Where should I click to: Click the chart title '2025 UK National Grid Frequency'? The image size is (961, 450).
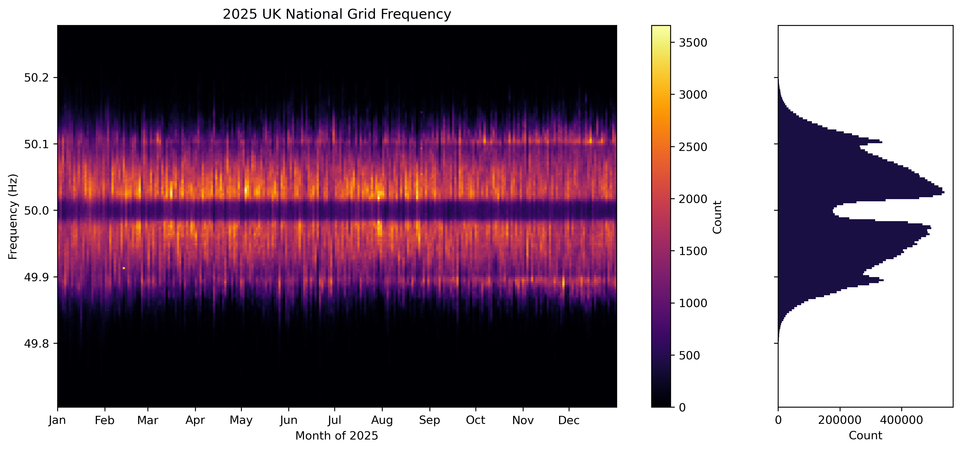336,14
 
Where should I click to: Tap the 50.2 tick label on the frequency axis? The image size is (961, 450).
36,78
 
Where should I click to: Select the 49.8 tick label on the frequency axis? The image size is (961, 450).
36,344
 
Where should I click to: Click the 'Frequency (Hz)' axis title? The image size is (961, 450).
13,216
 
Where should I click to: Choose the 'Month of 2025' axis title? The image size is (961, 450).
336,436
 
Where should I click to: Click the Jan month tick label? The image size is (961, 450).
57,421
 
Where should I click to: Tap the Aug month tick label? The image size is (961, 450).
382,421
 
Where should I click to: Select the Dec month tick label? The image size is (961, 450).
569,421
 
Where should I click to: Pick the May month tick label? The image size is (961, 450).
241,421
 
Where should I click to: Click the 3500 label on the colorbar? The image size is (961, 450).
693,43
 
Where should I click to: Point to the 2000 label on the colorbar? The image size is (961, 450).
693,199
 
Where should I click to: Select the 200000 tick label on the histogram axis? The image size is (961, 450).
839,421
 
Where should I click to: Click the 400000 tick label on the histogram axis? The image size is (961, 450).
901,421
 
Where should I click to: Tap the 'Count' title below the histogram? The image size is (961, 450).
865,436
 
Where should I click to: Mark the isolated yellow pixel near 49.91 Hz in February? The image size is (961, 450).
124,268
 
